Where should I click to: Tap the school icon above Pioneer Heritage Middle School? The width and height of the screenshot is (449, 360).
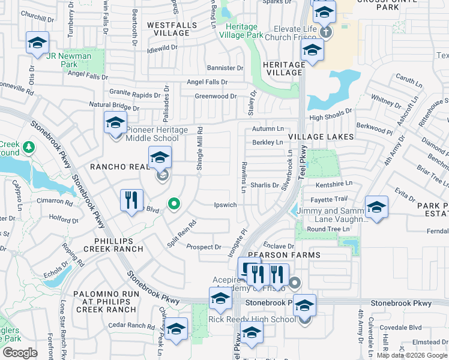[115, 124]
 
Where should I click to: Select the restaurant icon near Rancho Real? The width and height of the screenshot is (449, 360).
[131, 200]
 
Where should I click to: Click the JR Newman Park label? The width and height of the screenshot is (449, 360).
[69, 61]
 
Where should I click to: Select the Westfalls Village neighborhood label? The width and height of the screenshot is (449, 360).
[168, 29]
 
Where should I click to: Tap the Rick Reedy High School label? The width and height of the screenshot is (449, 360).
[252, 319]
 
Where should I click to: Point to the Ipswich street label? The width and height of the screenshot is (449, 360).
[226, 205]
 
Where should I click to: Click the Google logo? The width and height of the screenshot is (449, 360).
[20, 353]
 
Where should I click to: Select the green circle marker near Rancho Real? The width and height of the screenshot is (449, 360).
[174, 205]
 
